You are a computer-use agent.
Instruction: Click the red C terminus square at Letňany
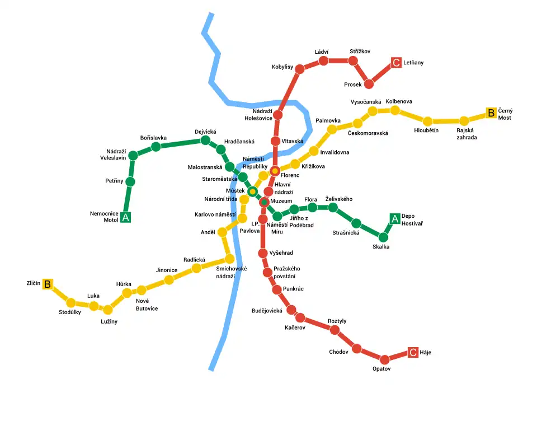point(396,63)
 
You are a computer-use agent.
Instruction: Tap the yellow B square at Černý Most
point(491,113)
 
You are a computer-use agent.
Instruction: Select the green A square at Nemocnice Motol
point(126,217)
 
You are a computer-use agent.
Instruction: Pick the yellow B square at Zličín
point(48,284)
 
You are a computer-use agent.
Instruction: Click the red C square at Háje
point(413,352)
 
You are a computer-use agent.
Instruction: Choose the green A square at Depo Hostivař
point(394,219)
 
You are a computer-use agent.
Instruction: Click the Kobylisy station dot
point(299,69)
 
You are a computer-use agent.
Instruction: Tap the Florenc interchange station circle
point(275,171)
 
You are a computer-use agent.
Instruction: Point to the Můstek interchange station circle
point(252,191)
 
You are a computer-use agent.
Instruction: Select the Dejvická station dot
point(205,141)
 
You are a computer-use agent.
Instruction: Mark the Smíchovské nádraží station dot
point(229,259)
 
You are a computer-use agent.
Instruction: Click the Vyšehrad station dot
point(263,253)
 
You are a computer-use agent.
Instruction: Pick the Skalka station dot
point(383,237)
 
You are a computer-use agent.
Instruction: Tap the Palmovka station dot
point(332,129)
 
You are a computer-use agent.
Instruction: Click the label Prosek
point(353,85)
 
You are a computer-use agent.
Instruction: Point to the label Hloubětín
point(426,130)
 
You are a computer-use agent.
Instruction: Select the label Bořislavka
point(153,138)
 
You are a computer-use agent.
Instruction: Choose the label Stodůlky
point(70,312)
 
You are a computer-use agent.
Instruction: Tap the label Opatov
point(381,369)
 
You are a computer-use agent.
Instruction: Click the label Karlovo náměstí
point(215,214)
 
